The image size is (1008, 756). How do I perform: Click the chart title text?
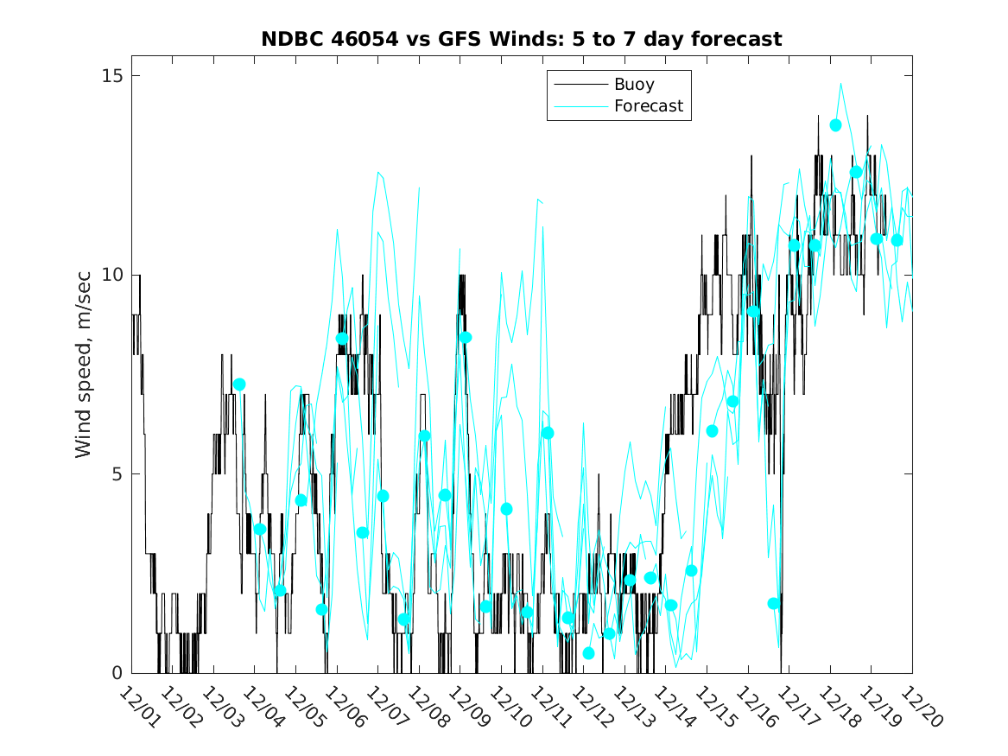(522, 39)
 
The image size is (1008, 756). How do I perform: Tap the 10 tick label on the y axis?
(110, 275)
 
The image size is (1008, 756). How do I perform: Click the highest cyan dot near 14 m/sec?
(835, 125)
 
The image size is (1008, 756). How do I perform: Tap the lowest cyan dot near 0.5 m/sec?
(588, 653)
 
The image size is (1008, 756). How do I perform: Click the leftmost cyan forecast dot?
(239, 384)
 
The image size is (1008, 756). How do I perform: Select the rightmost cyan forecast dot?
(897, 240)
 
